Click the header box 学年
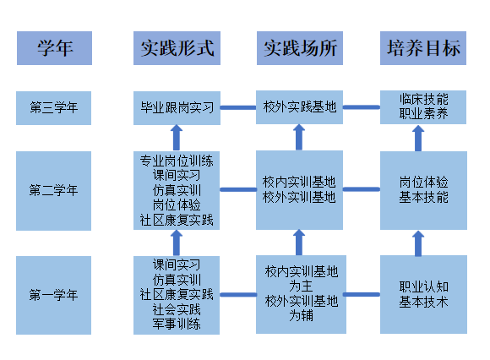point(54,48)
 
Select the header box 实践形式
point(177,48)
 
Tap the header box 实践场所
point(300,48)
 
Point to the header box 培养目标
point(423,48)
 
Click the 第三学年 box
point(54,108)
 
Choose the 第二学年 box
point(54,191)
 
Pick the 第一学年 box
point(54,295)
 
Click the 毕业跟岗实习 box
point(177,108)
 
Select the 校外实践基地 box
point(299,107)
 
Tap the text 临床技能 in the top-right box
point(424,100)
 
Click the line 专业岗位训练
point(177,161)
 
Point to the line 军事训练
point(177,324)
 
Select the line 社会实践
point(177,309)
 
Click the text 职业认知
point(424,286)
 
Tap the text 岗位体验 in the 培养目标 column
point(424,183)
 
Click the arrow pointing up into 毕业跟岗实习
point(177,138)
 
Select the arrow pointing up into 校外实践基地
point(299,137)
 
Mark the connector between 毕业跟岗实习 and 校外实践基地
point(238,107)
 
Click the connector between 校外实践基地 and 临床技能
point(362,107)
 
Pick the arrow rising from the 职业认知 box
point(418,243)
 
